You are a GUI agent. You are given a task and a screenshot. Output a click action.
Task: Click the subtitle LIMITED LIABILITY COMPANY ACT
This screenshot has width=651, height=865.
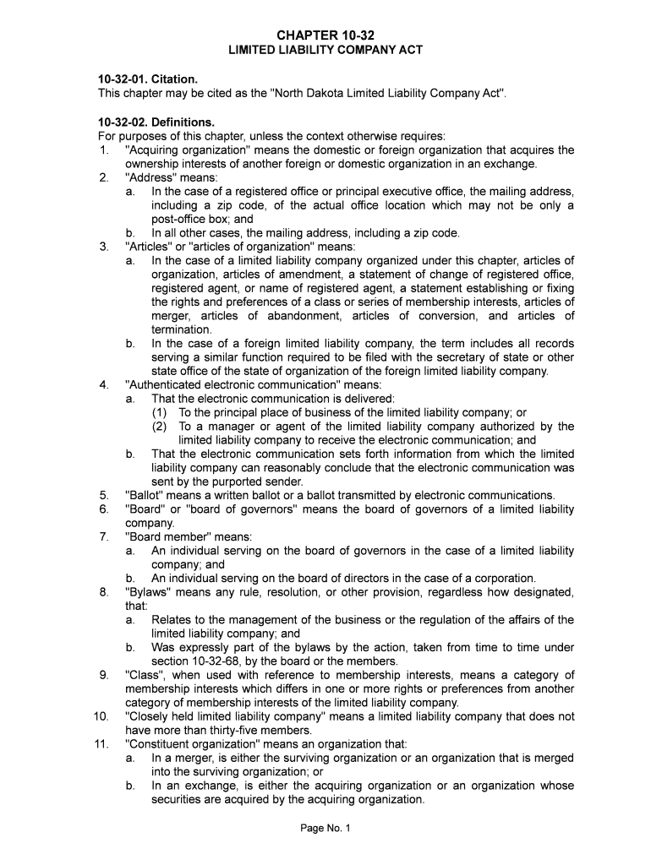(x=325, y=51)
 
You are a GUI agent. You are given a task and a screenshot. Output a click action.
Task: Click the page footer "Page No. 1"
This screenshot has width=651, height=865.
(x=325, y=829)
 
